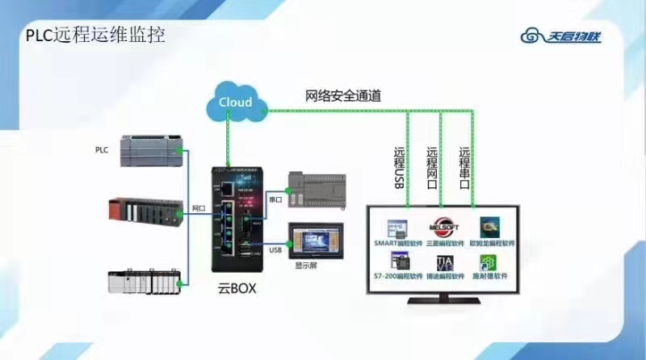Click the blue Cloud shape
(236, 102)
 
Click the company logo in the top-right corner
(562, 36)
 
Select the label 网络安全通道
(343, 96)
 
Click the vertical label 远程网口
(432, 167)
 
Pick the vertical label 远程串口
(464, 167)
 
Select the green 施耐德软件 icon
(489, 262)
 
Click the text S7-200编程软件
(398, 276)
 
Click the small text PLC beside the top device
(101, 150)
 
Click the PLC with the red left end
(146, 212)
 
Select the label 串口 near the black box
(274, 198)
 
